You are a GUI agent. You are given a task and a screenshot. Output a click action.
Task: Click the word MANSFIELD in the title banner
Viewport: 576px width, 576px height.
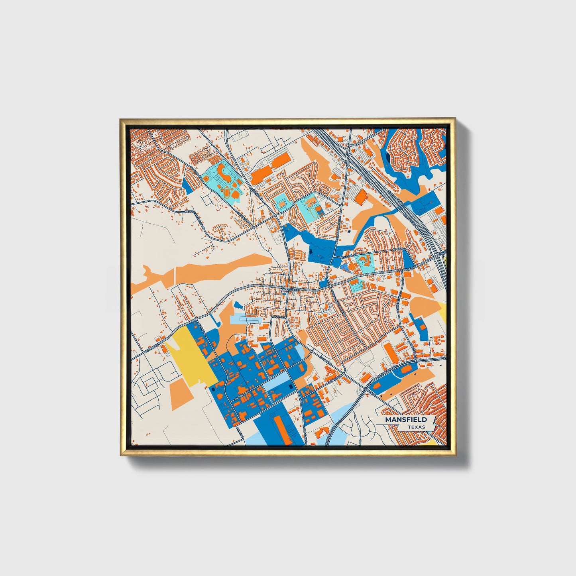[x=405, y=420]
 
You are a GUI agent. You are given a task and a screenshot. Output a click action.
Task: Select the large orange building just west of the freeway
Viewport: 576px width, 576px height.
[x=362, y=197]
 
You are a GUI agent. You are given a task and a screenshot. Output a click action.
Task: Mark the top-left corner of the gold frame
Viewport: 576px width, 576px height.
[x=120, y=119]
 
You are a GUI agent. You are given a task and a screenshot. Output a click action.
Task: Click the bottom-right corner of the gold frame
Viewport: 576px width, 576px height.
[x=455, y=456]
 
